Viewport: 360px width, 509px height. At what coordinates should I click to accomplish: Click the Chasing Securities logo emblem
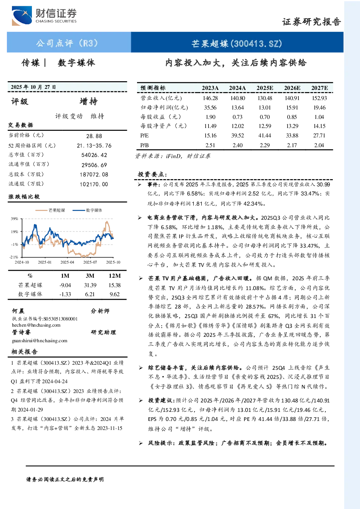22,16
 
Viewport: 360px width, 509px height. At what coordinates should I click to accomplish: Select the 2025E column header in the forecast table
265,88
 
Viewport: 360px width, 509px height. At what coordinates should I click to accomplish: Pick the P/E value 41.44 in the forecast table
265,136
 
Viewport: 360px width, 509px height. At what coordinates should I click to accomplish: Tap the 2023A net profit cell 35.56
210,107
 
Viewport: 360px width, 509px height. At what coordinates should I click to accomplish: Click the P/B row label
144,145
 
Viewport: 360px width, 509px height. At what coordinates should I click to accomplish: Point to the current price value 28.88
94,136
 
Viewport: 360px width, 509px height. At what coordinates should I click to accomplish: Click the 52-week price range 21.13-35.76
94,146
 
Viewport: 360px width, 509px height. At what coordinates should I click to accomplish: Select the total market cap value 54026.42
94,155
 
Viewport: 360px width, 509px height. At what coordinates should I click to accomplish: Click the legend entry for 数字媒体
87,210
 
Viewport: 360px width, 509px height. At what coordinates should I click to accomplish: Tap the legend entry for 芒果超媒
50,210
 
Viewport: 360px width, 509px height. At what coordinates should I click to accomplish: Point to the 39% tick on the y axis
14,219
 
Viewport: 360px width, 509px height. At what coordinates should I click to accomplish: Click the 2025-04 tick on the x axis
67,262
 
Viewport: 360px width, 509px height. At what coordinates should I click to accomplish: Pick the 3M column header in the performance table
90,276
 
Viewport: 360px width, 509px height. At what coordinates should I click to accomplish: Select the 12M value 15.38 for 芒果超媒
115,285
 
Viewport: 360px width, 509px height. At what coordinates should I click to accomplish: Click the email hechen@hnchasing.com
36,325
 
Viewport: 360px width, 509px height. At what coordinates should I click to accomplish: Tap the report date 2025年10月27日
33,87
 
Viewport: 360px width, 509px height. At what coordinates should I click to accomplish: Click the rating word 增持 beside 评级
88,102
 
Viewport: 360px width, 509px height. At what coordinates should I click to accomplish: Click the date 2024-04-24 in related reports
55,381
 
